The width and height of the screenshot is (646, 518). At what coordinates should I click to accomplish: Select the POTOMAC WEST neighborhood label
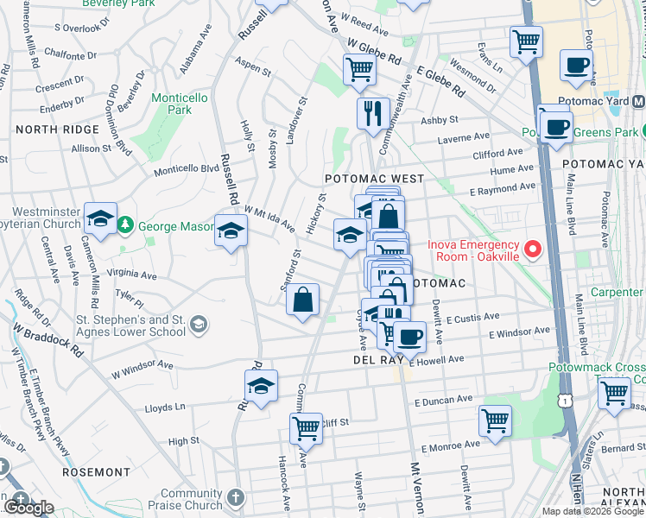tap(374, 179)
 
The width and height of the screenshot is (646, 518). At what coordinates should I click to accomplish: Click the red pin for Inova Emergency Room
tap(532, 251)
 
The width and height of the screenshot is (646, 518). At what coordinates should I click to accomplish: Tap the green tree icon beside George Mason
tap(126, 225)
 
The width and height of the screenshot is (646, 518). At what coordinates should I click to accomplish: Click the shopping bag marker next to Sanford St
tap(303, 300)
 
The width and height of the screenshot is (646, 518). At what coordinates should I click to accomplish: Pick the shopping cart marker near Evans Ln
tap(526, 41)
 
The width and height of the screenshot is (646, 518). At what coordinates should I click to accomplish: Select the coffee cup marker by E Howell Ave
tap(409, 336)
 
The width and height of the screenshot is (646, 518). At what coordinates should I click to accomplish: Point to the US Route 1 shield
tap(563, 401)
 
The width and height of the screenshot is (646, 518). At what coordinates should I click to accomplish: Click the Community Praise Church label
tap(191, 499)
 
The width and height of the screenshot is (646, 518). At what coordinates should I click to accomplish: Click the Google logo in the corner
tap(28, 508)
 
